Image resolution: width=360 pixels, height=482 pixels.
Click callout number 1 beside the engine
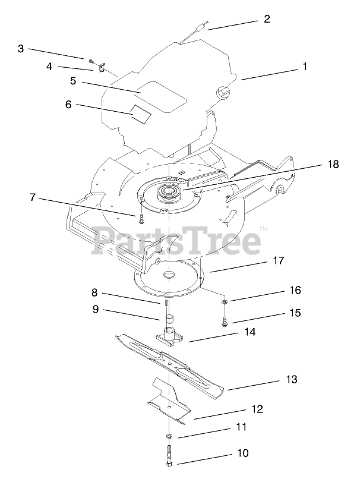pyautogui.click(x=304, y=67)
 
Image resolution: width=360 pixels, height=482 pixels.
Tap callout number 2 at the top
pyautogui.click(x=267, y=19)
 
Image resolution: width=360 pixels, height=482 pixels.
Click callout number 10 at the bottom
pyautogui.click(x=242, y=453)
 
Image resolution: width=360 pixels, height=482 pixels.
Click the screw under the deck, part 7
pyautogui.click(x=141, y=219)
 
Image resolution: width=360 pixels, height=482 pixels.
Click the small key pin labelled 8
pyautogui.click(x=163, y=302)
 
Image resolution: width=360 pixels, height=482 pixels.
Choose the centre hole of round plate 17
pyautogui.click(x=169, y=275)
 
